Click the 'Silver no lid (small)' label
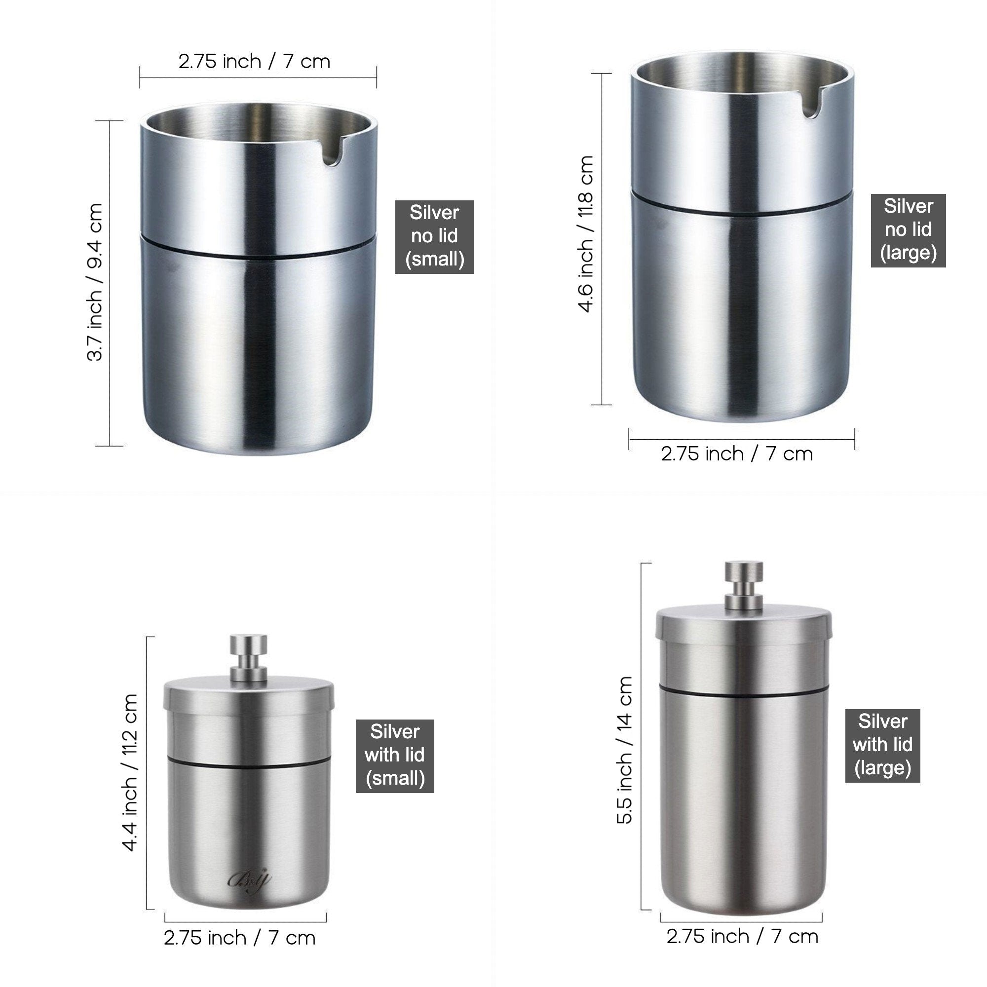[434, 236]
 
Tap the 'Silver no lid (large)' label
[908, 230]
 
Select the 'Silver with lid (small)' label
[395, 756]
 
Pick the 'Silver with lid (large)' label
[882, 746]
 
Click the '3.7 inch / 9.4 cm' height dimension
[95, 282]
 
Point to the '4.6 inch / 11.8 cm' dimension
[586, 233]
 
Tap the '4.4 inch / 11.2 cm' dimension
[130, 772]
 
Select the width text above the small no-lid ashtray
[255, 62]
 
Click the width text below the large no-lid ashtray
[737, 454]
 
